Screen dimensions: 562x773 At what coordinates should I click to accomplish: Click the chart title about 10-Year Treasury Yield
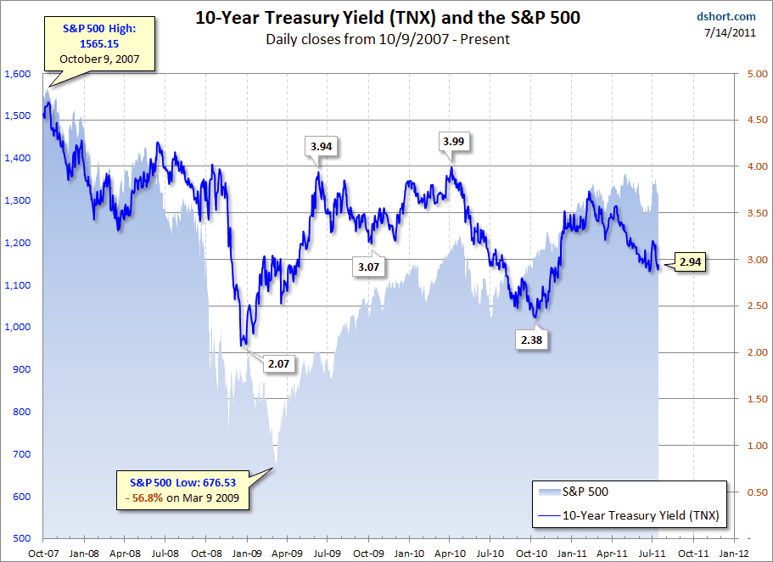pos(388,16)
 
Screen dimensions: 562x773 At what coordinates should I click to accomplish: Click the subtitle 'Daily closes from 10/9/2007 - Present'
pos(388,39)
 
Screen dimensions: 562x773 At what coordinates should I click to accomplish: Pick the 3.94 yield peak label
pos(322,146)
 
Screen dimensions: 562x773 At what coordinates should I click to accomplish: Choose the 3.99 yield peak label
pos(452,140)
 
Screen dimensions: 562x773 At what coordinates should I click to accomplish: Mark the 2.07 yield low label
pos(278,363)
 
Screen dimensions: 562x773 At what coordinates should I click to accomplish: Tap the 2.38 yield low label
pos(535,340)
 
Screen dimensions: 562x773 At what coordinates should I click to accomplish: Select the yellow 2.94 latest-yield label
pos(690,262)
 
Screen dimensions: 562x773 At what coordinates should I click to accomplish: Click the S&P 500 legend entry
pos(585,491)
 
